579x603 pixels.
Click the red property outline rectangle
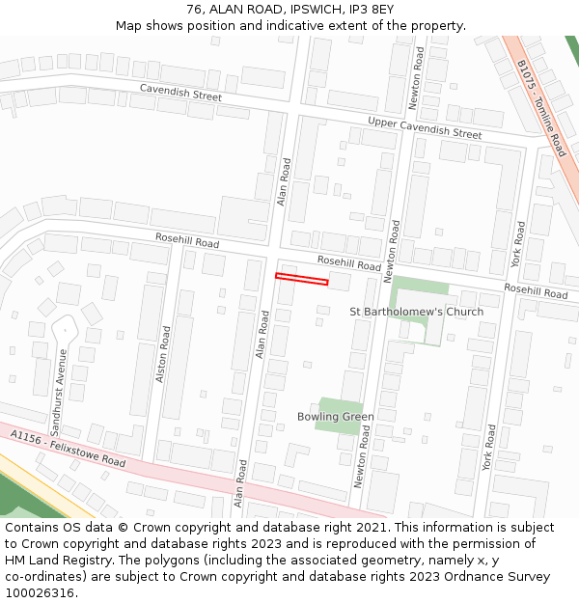click(x=301, y=280)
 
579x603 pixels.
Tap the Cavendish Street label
click(x=180, y=93)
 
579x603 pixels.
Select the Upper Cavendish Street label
click(x=424, y=127)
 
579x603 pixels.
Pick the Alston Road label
click(x=163, y=354)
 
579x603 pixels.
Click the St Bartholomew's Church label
click(x=416, y=312)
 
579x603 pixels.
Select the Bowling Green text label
click(x=335, y=417)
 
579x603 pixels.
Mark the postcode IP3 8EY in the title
click(x=371, y=10)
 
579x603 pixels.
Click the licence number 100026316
click(x=41, y=593)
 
